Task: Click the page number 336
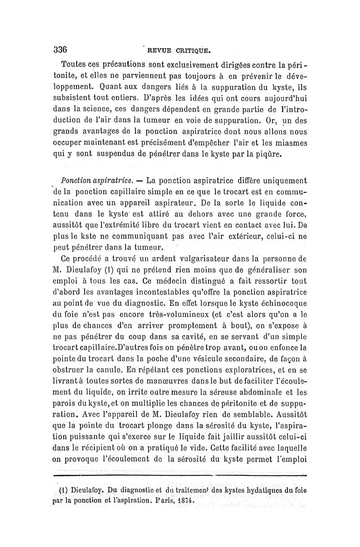(60, 49)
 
